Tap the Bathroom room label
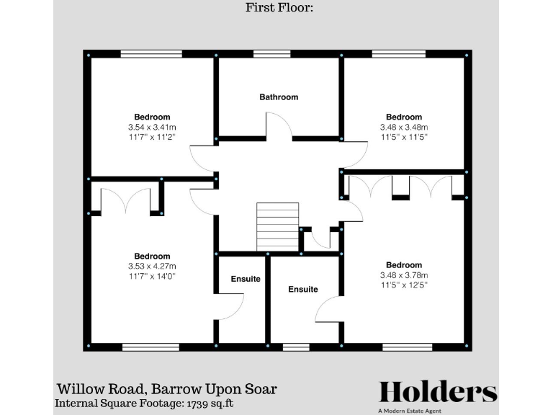click(279, 97)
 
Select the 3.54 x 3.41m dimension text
click(152, 127)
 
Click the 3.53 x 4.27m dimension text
click(152, 266)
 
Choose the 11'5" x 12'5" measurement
click(403, 285)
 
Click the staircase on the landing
click(277, 226)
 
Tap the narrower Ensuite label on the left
click(246, 279)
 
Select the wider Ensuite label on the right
click(302, 289)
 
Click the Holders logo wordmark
click(438, 392)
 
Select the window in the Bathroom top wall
click(271, 54)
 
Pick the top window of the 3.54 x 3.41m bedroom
click(151, 54)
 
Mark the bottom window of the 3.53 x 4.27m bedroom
click(150, 347)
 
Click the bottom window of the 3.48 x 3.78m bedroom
click(407, 347)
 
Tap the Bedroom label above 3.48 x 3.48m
click(403, 117)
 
